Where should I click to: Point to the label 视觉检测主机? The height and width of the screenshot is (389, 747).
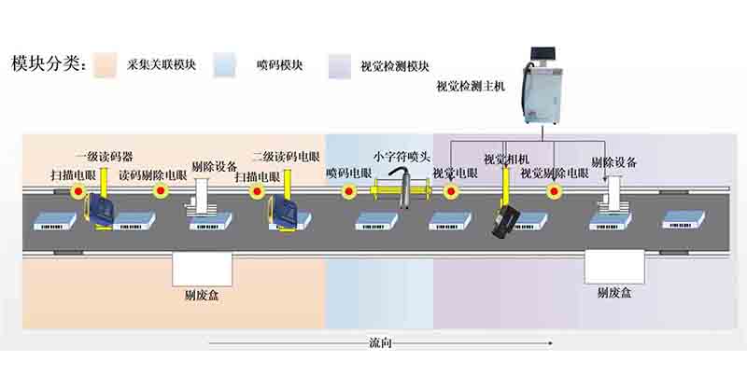(471, 88)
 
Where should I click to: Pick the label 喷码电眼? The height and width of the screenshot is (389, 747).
(349, 174)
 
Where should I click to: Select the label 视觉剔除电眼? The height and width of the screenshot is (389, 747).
(554, 174)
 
